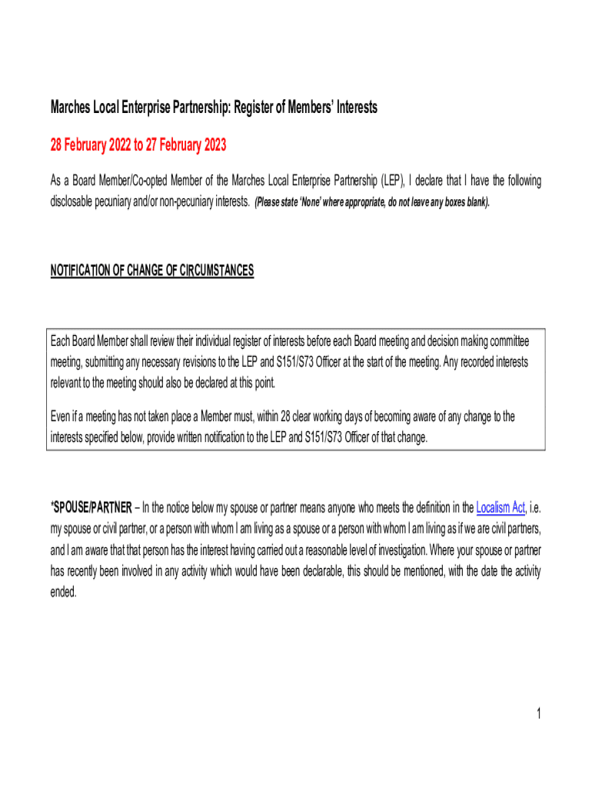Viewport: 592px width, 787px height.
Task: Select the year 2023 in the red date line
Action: pos(212,145)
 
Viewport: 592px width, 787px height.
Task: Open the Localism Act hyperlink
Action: pos(501,507)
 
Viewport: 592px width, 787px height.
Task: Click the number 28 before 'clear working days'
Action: pos(286,417)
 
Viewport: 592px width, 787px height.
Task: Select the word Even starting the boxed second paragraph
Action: pos(62,417)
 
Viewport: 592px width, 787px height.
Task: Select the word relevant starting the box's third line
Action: pos(68,383)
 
